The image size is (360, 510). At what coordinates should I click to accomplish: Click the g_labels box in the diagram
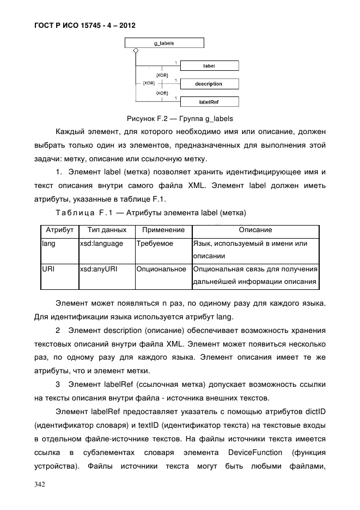164,42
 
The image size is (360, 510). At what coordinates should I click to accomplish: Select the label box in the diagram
209,65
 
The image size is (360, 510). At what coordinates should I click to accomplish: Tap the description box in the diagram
209,84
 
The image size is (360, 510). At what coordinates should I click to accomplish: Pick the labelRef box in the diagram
209,102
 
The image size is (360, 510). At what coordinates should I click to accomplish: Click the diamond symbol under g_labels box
136,51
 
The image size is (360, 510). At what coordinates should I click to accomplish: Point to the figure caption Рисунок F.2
180,118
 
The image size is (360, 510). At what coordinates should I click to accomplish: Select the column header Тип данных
107,230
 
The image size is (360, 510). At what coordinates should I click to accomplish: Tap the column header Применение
163,230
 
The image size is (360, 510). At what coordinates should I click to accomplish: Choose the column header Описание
255,230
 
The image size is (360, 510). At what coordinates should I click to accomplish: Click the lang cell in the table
48,244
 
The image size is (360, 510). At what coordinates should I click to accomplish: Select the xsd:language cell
101,244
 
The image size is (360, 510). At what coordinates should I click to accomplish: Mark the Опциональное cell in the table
161,269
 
